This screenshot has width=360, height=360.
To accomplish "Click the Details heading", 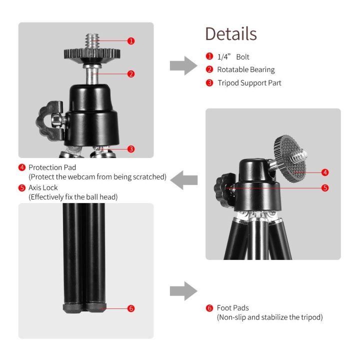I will [231, 34].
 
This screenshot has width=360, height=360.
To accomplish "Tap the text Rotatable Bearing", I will [245, 70].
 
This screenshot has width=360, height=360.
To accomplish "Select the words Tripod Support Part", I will [249, 83].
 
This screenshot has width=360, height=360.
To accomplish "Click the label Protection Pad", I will [52, 167].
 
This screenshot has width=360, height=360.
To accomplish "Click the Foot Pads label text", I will [232, 308].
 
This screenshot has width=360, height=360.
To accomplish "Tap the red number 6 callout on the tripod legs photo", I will [131, 308].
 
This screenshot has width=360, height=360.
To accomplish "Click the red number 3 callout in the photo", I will [131, 148].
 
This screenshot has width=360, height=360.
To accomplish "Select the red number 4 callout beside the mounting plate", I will [325, 172].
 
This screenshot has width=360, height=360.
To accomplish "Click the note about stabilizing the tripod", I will [269, 317].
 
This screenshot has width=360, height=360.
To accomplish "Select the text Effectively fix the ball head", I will [73, 197].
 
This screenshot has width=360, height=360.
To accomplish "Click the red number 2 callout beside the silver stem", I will [131, 73].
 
